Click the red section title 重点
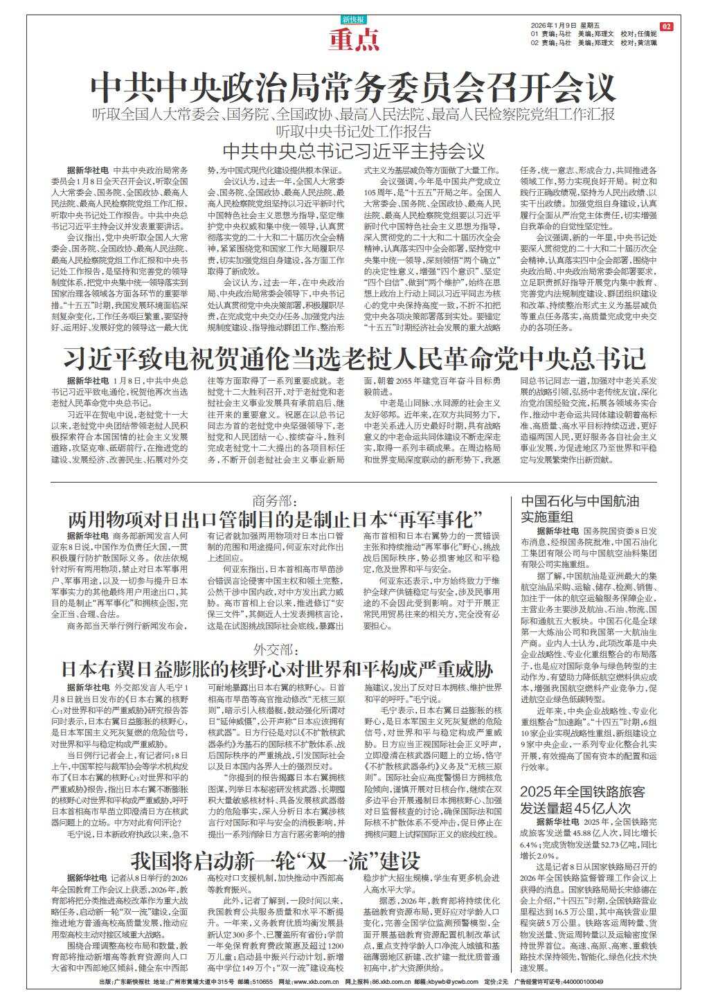point(354,42)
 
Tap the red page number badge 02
point(667,26)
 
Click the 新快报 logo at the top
point(354,19)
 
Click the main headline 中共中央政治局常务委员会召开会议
point(354,88)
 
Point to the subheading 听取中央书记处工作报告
point(354,132)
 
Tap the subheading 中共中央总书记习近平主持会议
point(354,150)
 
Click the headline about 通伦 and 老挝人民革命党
point(354,359)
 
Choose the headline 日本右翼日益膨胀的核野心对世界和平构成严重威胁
point(276,669)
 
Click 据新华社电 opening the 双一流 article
point(87,877)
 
